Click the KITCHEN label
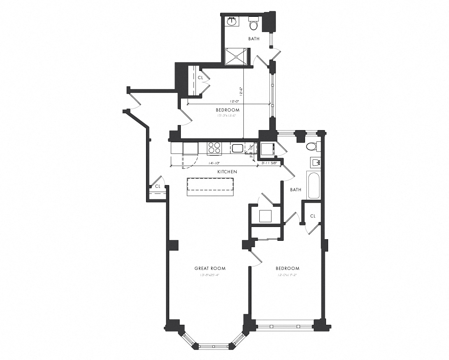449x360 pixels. click(227, 172)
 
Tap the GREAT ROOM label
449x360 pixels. click(210, 269)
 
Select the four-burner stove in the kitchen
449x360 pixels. click(214, 148)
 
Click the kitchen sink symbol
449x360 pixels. click(237, 148)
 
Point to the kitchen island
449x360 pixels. click(210, 186)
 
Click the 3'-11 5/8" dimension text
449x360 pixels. click(269, 163)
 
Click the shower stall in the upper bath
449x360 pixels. click(236, 56)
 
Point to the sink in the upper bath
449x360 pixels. click(231, 21)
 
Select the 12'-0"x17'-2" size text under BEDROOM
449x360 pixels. click(287, 275)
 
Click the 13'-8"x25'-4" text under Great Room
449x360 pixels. click(210, 275)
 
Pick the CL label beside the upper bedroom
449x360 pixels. click(200, 78)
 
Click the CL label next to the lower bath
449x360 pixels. click(313, 216)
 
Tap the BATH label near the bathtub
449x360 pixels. click(295, 190)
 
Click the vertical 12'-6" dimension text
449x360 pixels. click(241, 91)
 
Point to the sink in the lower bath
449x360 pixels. click(316, 162)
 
